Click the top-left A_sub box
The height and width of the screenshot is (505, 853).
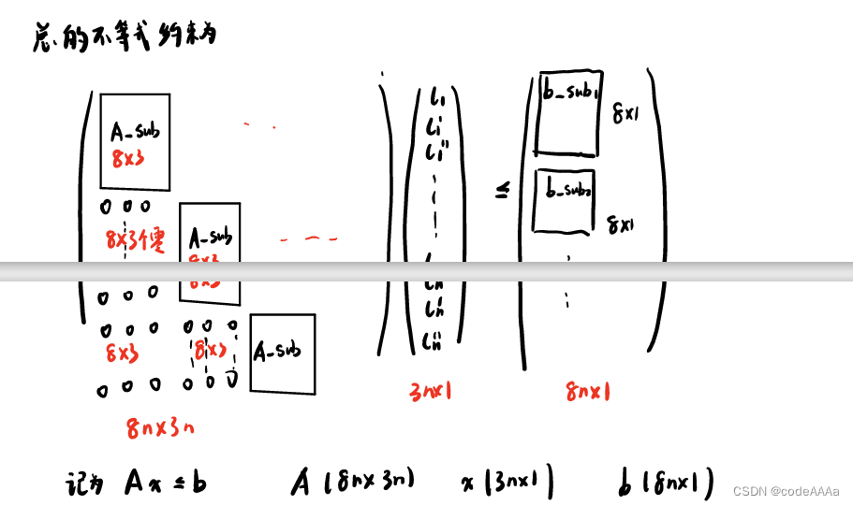pyautogui.click(x=135, y=141)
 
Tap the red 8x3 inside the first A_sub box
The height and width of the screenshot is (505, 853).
pyautogui.click(x=127, y=159)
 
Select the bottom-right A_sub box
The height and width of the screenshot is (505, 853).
pyautogui.click(x=282, y=353)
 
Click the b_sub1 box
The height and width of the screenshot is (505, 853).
pyautogui.click(x=568, y=113)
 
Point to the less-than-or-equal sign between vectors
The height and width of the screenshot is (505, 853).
pyautogui.click(x=502, y=191)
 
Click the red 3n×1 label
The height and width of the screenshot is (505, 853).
pyautogui.click(x=431, y=392)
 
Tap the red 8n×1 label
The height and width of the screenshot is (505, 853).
pyautogui.click(x=589, y=393)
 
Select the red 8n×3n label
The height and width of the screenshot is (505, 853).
pyautogui.click(x=161, y=428)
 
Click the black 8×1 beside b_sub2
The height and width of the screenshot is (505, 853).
pyautogui.click(x=622, y=224)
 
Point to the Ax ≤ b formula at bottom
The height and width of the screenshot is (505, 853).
pyautogui.click(x=165, y=483)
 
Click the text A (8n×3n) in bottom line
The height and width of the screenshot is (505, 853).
pyautogui.click(x=352, y=483)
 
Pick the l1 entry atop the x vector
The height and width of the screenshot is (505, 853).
pyautogui.click(x=436, y=96)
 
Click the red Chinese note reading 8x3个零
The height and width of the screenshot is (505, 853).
pyautogui.click(x=136, y=241)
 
